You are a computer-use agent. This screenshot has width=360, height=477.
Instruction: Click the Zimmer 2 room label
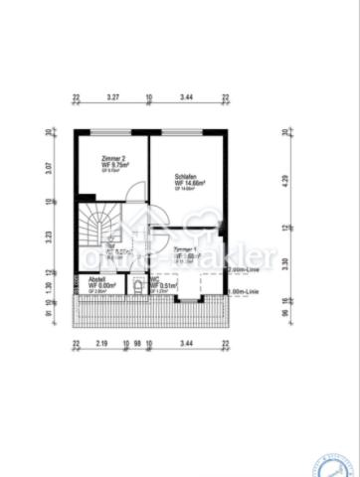coord(112,158)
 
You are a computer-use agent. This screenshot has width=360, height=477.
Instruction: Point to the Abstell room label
coord(96,279)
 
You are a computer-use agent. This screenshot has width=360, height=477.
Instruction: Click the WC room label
coord(155,279)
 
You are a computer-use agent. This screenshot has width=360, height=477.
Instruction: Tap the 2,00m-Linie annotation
coord(246,269)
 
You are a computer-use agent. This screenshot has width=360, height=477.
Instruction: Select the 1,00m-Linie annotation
coord(245,291)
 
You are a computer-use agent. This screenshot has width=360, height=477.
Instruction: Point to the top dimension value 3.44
coord(187,99)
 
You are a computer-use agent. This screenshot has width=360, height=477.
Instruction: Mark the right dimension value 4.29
coord(284,181)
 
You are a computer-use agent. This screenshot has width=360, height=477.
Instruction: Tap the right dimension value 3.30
coord(284,262)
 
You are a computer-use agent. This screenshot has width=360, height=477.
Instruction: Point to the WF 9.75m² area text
coord(115,165)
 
